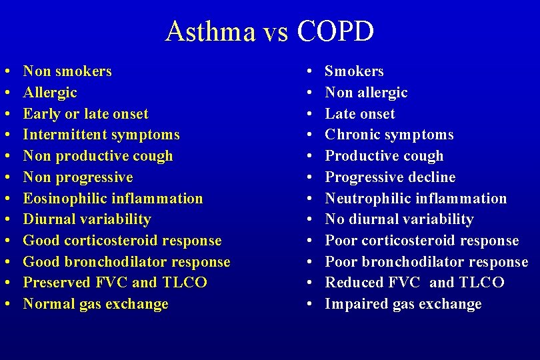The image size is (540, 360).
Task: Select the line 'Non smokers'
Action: (67, 71)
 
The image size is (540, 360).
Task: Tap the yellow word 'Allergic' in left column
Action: (50, 93)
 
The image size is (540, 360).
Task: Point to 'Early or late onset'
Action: (85, 114)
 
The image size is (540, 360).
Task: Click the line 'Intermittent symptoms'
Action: (101, 135)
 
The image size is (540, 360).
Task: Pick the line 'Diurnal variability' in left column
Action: (87, 219)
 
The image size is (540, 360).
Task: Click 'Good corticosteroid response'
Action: (122, 241)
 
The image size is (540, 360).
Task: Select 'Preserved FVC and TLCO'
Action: (115, 283)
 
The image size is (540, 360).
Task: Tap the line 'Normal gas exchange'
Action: (95, 304)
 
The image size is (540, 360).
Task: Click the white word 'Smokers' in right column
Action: (354, 71)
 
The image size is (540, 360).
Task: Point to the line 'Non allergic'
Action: (366, 93)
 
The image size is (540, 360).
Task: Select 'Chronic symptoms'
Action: (389, 135)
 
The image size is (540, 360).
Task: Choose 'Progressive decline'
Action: (390, 177)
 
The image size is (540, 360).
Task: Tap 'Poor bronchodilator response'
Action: (426, 262)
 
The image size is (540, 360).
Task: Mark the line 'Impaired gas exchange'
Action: (403, 304)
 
